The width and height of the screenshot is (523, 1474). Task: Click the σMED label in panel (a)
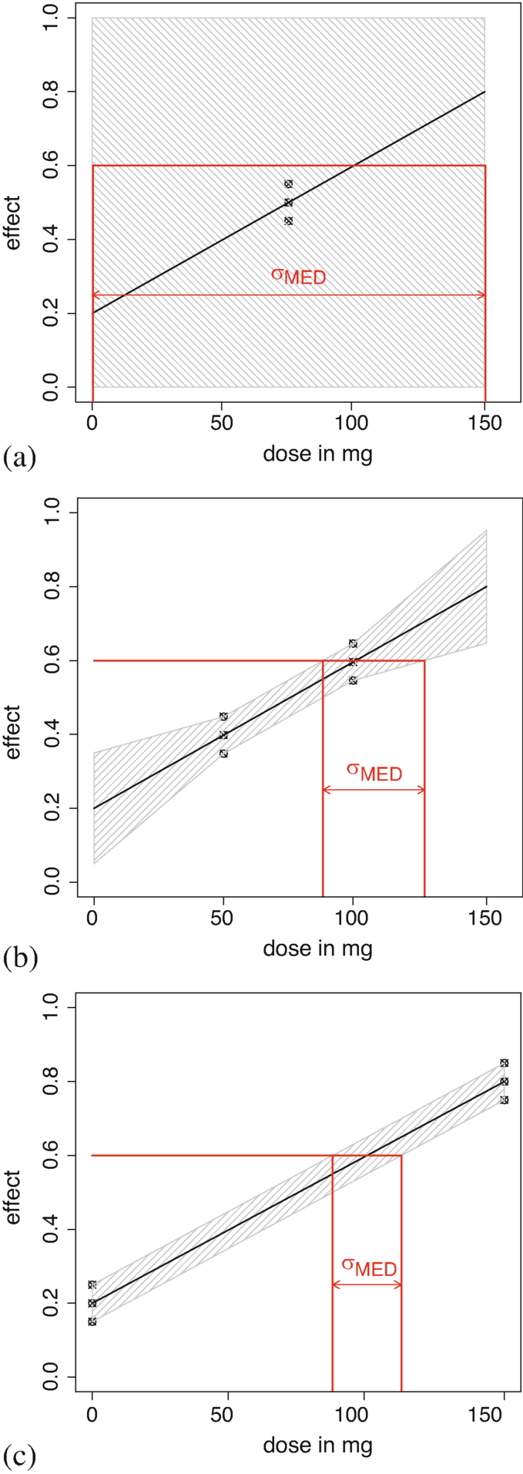pyautogui.click(x=298, y=275)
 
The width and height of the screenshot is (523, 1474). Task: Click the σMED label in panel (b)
pyautogui.click(x=374, y=771)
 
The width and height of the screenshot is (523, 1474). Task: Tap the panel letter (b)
pyautogui.click(x=19, y=958)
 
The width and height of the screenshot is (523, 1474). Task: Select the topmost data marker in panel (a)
pyautogui.click(x=288, y=184)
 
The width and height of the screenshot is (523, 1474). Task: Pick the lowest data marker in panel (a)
pyautogui.click(x=288, y=221)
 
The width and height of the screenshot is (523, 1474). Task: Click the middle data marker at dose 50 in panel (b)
pyautogui.click(x=223, y=735)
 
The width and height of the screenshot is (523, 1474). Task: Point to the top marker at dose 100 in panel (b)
pyautogui.click(x=353, y=643)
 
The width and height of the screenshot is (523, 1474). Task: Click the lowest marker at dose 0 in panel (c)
pyautogui.click(x=92, y=1321)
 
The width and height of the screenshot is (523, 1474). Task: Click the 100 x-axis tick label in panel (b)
pyautogui.click(x=352, y=920)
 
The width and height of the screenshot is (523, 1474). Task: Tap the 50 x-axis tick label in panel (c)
pyautogui.click(x=228, y=1415)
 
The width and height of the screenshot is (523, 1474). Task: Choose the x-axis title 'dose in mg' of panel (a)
pyautogui.click(x=317, y=455)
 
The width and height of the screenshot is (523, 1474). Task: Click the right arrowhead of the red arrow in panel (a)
pyautogui.click(x=481, y=295)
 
